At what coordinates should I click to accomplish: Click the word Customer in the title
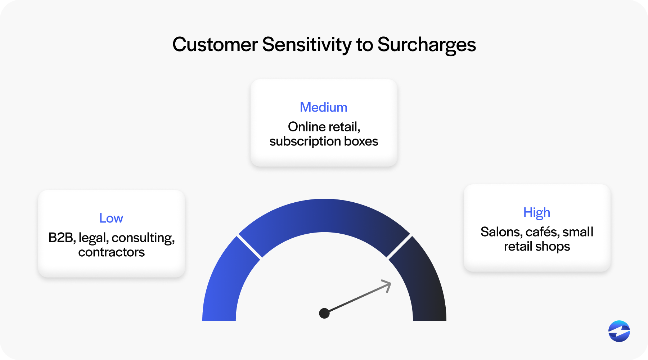tap(215, 45)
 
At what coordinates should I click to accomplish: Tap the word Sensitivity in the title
tap(307, 45)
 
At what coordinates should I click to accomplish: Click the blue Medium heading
tap(324, 107)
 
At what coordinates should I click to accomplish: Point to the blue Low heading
tap(111, 218)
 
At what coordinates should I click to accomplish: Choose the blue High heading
tap(537, 212)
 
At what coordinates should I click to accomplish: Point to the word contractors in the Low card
tap(111, 252)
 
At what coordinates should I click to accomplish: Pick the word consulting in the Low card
tap(143, 238)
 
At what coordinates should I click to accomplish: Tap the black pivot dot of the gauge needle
tap(324, 313)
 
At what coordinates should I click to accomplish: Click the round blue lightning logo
tap(619, 331)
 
